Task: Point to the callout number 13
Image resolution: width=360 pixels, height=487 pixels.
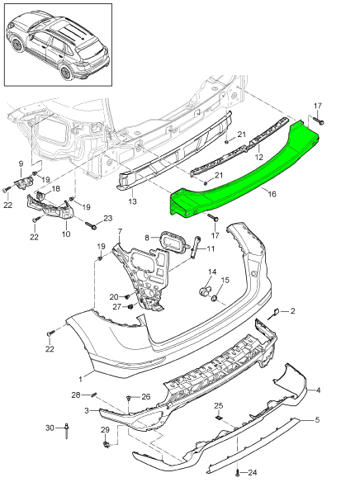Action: pos(132,201)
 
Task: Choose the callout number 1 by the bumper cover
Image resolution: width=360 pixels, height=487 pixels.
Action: pos(80,379)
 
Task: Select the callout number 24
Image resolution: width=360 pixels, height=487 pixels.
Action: pos(252,473)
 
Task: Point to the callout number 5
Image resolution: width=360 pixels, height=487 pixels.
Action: pos(315,420)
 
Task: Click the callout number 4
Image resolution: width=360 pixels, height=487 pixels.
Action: pos(318,390)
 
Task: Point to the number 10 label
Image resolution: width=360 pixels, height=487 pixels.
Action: pos(66,234)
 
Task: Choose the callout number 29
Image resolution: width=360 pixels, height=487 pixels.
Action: pos(105,430)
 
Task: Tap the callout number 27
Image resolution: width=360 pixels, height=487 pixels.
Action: pos(116,306)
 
